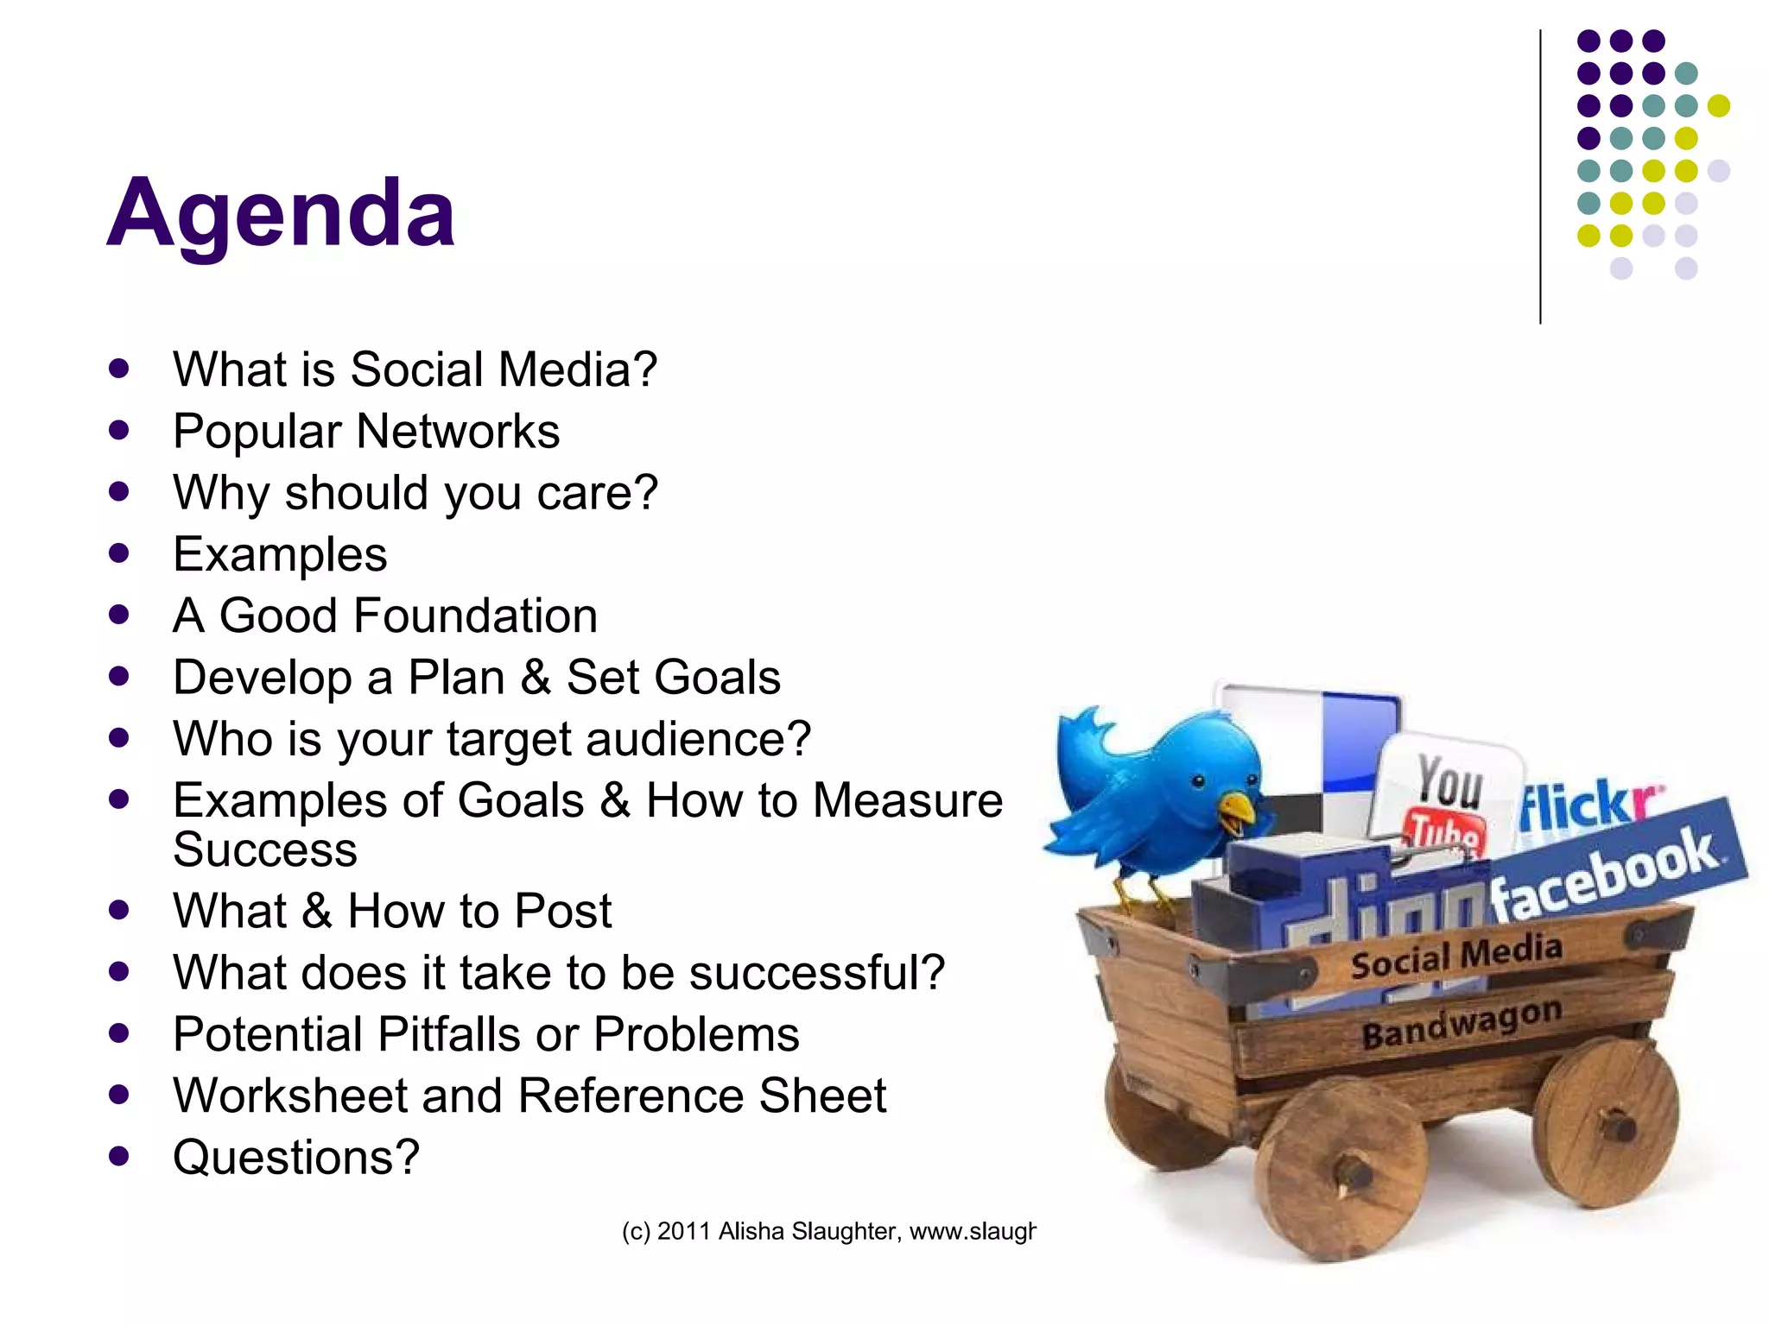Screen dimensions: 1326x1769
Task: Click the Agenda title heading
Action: coord(281,213)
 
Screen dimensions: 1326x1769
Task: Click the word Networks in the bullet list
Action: coord(458,431)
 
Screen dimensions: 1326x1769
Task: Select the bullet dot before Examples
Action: coord(119,553)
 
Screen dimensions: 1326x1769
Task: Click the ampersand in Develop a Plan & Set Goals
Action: coord(536,677)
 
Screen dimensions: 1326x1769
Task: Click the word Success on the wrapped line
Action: coord(265,849)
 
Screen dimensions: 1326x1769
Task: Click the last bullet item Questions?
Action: coord(296,1157)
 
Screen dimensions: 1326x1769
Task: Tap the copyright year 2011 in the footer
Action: coord(684,1231)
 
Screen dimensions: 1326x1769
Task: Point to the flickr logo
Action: coord(1588,804)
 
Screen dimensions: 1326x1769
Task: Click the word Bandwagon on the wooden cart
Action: coord(1461,1023)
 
